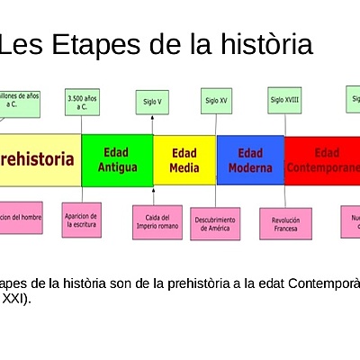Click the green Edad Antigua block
[117, 160]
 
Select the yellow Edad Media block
[184, 160]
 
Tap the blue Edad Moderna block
[250, 160]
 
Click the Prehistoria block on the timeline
[40, 160]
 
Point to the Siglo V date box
[153, 102]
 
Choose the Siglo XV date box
[216, 101]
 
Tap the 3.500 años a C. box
[83, 102]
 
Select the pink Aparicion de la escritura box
[82, 220]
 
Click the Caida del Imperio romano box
[157, 222]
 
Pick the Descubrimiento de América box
[215, 223]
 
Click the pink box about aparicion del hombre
[20, 218]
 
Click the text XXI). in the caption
[16, 299]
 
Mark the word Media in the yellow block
[184, 167]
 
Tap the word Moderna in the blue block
[250, 168]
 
